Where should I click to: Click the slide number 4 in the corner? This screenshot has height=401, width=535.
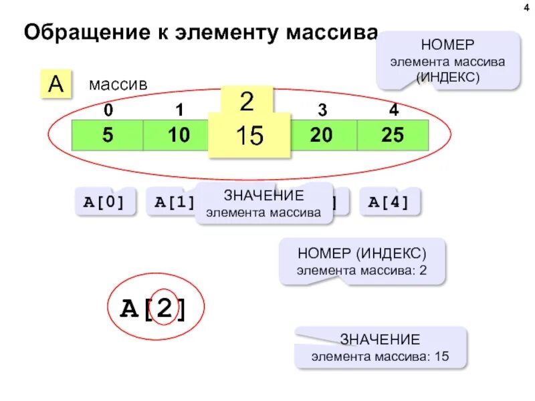pyautogui.click(x=522, y=8)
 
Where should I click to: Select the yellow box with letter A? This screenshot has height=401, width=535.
pyautogui.click(x=56, y=84)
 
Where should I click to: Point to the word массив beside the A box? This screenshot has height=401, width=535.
pyautogui.click(x=118, y=85)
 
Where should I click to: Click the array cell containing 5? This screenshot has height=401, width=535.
pyautogui.click(x=107, y=136)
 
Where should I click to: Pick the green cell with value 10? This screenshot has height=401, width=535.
pyautogui.click(x=179, y=136)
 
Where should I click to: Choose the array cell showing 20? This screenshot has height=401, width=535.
pyautogui.click(x=321, y=136)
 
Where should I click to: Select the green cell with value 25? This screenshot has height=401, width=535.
pyautogui.click(x=393, y=136)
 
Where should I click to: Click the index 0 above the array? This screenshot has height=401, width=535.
pyautogui.click(x=108, y=110)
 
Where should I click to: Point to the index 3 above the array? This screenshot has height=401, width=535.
pyautogui.click(x=322, y=110)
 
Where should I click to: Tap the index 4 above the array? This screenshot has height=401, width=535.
pyautogui.click(x=393, y=110)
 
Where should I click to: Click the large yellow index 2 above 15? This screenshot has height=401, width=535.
pyautogui.click(x=247, y=102)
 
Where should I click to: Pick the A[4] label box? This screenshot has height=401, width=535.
pyautogui.click(x=389, y=202)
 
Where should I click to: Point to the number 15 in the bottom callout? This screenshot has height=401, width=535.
pyautogui.click(x=441, y=356)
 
